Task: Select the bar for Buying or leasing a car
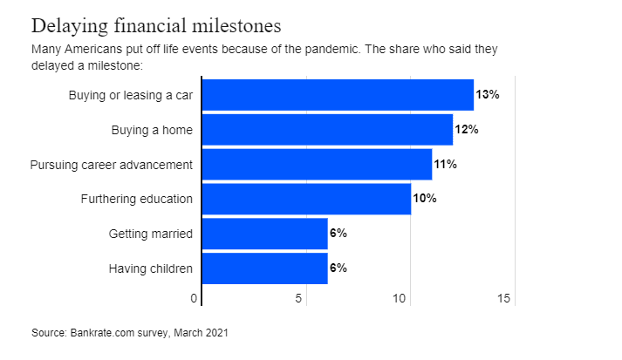point(338,94)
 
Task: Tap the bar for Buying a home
point(327,129)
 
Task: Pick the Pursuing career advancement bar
point(317,164)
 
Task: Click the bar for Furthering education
point(306,199)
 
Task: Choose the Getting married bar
point(264,234)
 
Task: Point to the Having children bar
point(264,268)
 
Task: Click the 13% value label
point(488,94)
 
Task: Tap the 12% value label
point(467,129)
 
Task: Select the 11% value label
point(446,164)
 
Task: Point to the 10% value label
point(425,199)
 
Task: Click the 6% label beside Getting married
point(338,234)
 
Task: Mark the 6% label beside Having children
point(338,268)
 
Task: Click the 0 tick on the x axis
point(195,299)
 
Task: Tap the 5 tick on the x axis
point(299,299)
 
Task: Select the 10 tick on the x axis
point(400,299)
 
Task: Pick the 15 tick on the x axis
point(503,299)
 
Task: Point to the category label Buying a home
point(152,129)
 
